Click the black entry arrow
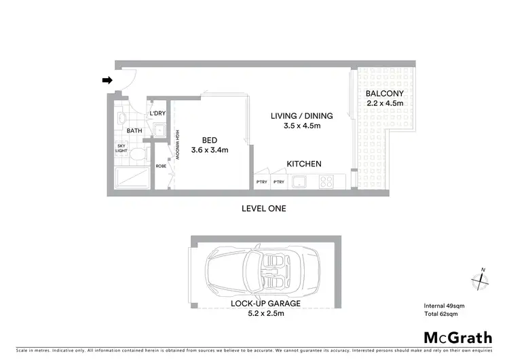107,80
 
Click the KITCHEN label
303,164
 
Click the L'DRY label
157,113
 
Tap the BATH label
134,130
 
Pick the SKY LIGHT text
122,149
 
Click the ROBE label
162,166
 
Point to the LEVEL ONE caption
264,209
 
